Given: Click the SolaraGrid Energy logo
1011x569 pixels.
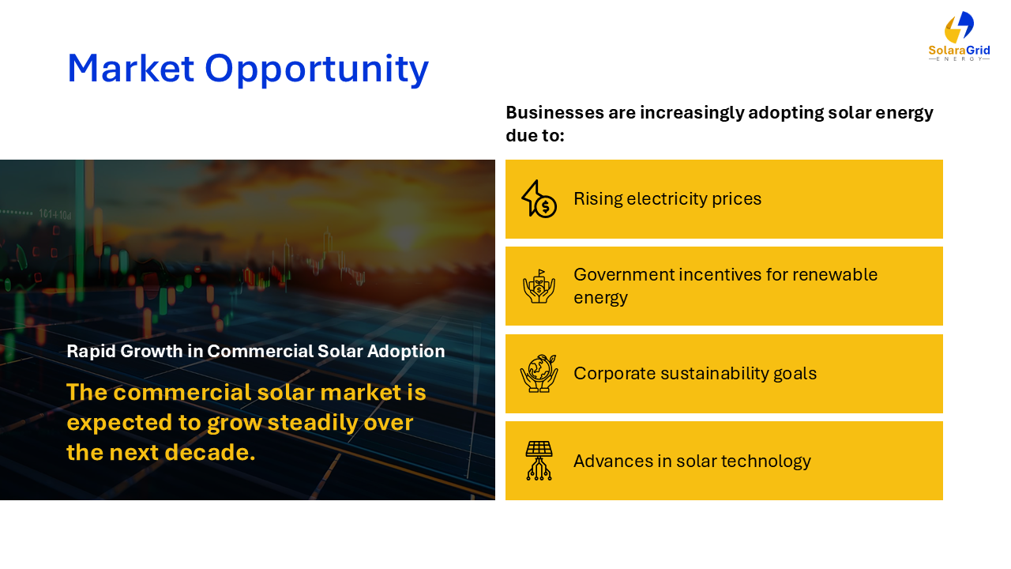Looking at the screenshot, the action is pos(959,36).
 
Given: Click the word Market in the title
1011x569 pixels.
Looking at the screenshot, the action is pos(131,69).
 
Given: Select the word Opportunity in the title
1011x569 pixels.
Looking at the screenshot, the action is pos(317,70).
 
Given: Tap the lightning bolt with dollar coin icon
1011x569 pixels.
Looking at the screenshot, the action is pos(539,198).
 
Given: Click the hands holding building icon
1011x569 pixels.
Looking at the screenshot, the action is pos(539,286).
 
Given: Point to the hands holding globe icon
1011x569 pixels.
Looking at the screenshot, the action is pos(539,374).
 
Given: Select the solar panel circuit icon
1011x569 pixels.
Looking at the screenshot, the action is pos(539,461).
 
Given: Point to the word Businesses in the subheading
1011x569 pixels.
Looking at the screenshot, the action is pos(554,112).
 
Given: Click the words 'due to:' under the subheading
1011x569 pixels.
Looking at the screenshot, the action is pos(535,135).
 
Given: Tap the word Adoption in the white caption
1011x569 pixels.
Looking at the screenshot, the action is pos(406,352).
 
